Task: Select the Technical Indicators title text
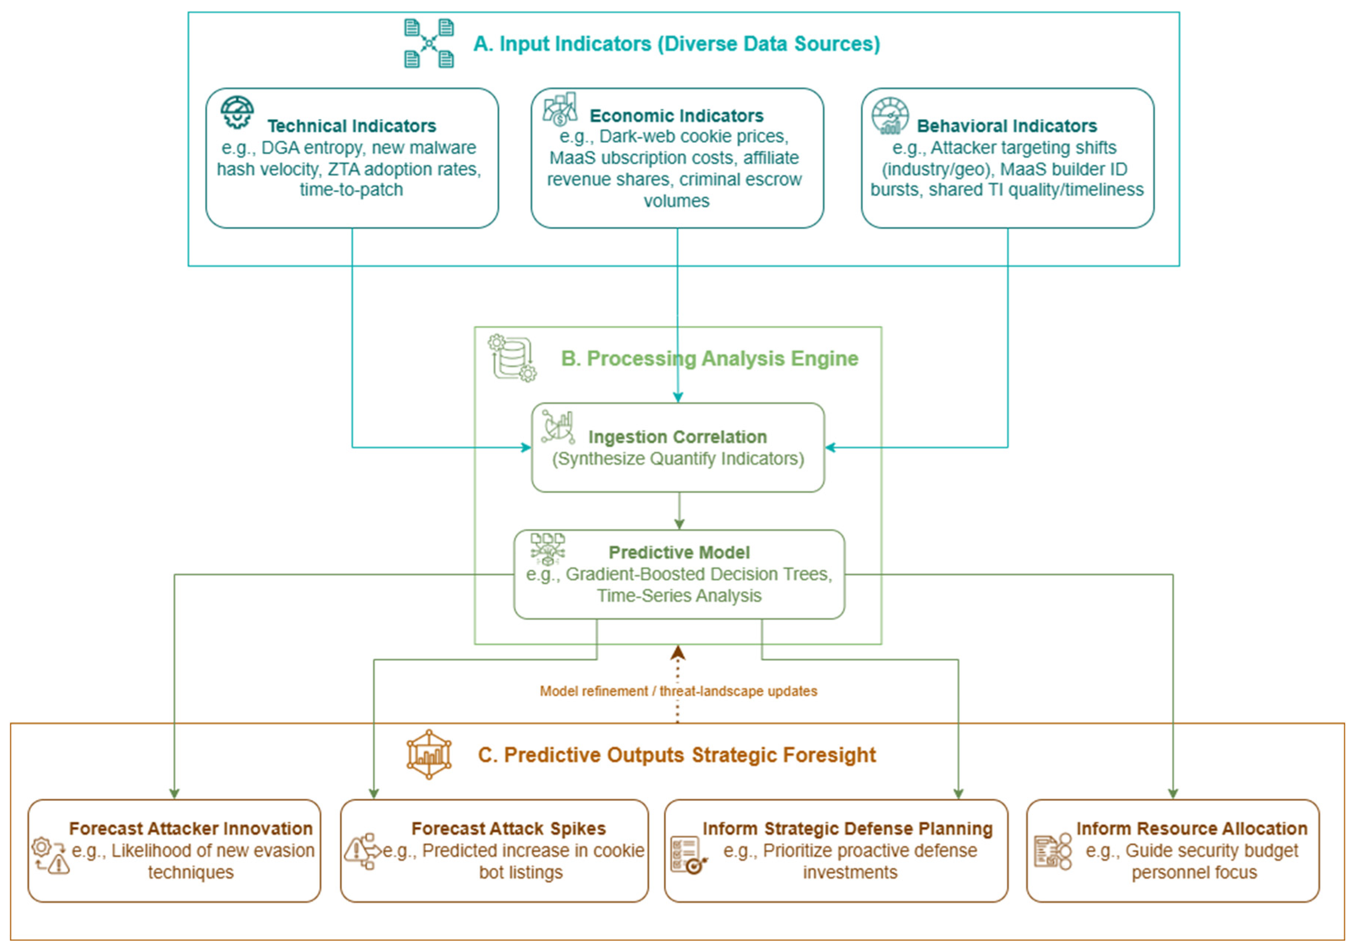(352, 126)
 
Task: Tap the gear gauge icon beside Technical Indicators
(237, 112)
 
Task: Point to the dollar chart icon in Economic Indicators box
(560, 109)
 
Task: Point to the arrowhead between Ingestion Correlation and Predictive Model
(679, 524)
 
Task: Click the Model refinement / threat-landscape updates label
(678, 691)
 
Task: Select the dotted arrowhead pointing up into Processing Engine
(678, 653)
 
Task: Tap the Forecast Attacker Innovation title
(190, 829)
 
